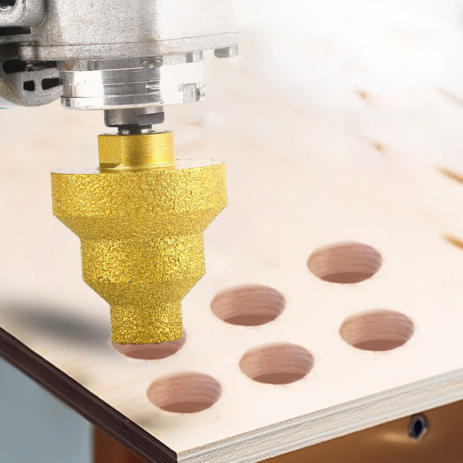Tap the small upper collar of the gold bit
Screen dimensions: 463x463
137,150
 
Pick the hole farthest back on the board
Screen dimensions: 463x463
344,262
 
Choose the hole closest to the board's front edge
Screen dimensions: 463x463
184,392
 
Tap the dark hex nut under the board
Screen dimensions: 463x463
417,427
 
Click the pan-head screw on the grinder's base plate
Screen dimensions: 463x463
152,60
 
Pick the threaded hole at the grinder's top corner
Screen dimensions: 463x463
7,5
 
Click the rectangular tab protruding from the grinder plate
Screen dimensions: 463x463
226,52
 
